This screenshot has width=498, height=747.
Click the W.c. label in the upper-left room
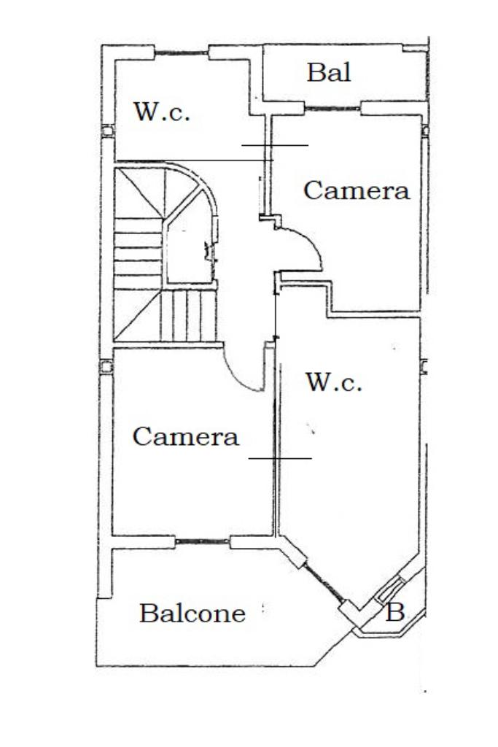coord(161,113)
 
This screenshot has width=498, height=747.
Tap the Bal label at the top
coord(328,72)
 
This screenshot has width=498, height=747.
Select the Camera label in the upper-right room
coord(356,191)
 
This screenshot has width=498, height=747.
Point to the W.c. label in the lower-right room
coord(333,382)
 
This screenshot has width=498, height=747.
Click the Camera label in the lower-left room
coord(185,437)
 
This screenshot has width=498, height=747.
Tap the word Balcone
coord(192,614)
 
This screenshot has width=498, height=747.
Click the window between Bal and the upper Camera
coord(331,109)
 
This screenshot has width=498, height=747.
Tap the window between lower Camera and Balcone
coord(203,542)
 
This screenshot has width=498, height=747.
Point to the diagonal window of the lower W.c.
coord(324,584)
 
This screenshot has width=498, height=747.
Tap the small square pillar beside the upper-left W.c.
coord(108,132)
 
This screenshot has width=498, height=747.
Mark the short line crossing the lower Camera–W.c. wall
coord(280,459)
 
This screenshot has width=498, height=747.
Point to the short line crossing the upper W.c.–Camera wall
coord(275,145)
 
